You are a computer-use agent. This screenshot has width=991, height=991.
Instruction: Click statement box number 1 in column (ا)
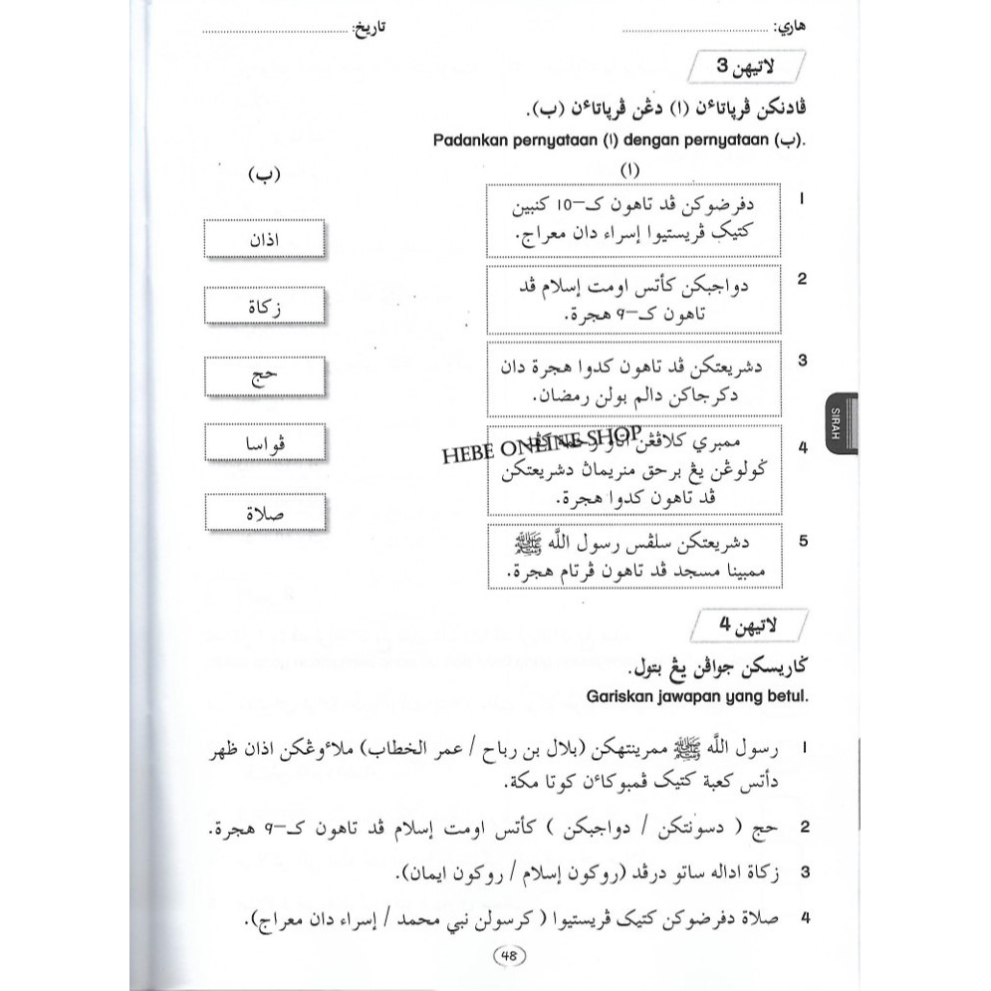[634, 223]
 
